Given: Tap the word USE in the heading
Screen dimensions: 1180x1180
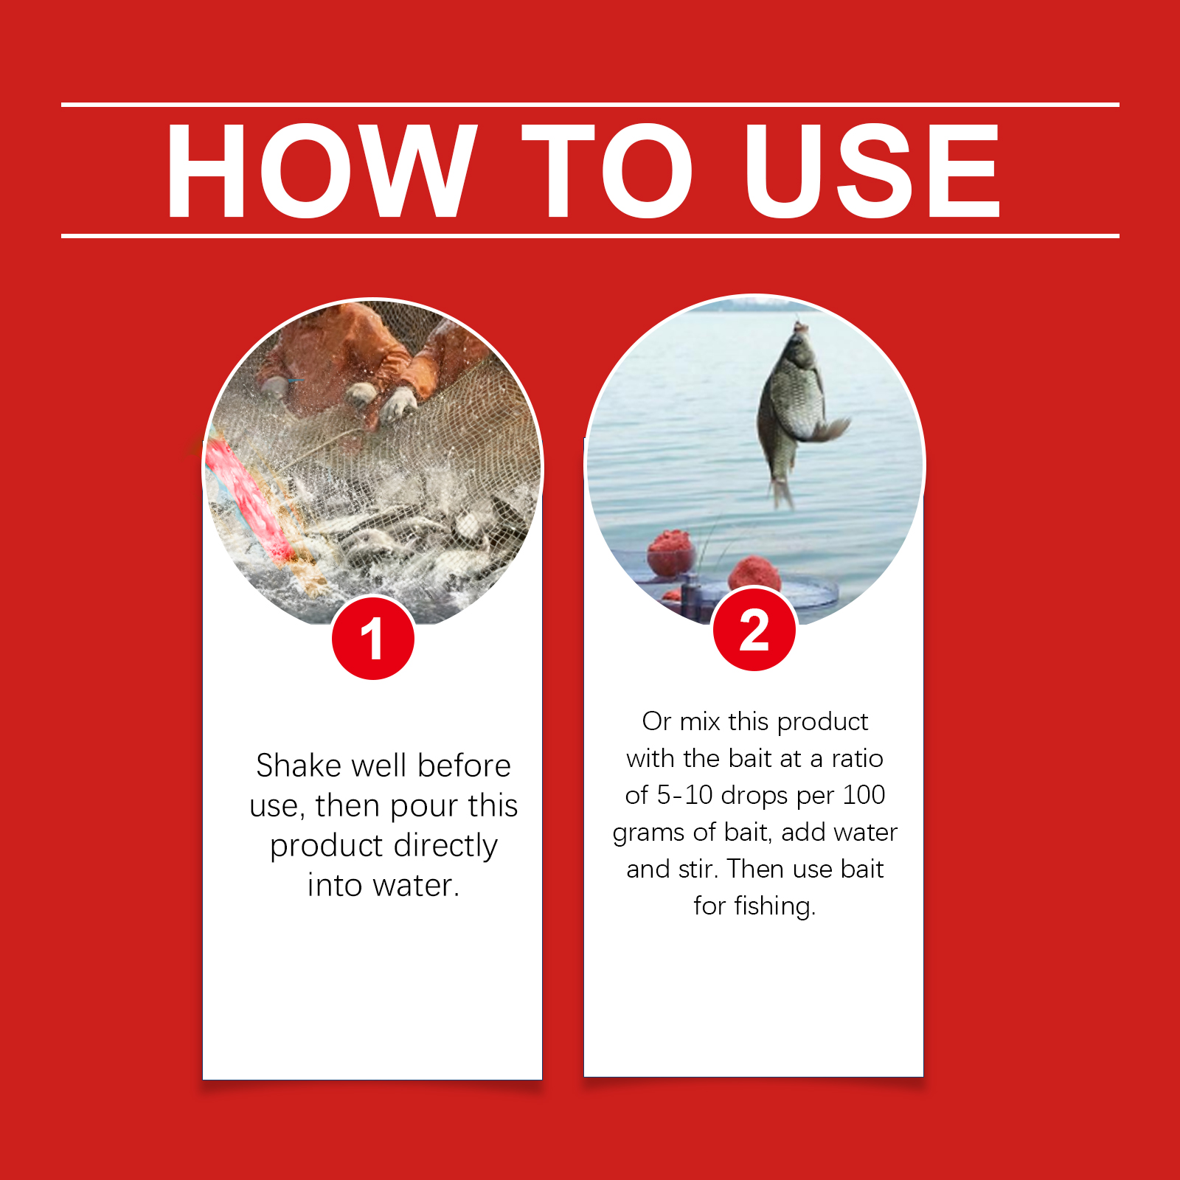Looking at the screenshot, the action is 872,171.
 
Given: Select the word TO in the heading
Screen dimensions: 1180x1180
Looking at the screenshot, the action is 607,171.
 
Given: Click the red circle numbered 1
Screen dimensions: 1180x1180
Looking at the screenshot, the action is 373,638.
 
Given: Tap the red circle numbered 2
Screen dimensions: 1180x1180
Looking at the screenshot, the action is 754,629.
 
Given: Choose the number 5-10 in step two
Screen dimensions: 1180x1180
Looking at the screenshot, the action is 685,795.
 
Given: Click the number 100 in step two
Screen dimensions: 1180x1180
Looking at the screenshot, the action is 864,795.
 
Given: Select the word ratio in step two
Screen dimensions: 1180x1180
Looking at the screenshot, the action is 858,758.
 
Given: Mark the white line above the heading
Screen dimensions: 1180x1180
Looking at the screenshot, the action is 590,105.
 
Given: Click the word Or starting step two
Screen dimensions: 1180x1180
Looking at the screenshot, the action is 656,721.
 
